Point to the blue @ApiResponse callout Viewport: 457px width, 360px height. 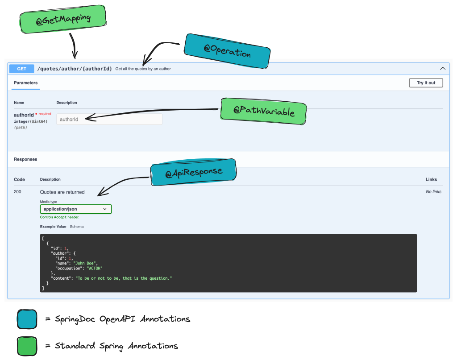(x=194, y=173)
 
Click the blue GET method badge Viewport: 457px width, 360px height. (x=22, y=69)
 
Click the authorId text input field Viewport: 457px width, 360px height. (x=109, y=119)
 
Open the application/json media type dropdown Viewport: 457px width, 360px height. (x=75, y=209)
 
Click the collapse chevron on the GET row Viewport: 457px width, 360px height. (x=443, y=69)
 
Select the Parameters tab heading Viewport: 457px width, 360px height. (x=26, y=83)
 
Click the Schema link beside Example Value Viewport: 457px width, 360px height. (x=76, y=227)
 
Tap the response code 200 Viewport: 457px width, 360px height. (x=18, y=192)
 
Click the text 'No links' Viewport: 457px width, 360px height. (x=434, y=192)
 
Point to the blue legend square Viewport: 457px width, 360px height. (x=27, y=319)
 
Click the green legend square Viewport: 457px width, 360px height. (x=27, y=346)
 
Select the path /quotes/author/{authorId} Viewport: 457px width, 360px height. (x=75, y=69)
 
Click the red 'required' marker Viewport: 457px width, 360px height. (x=44, y=114)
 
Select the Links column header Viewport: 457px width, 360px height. (x=431, y=179)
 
